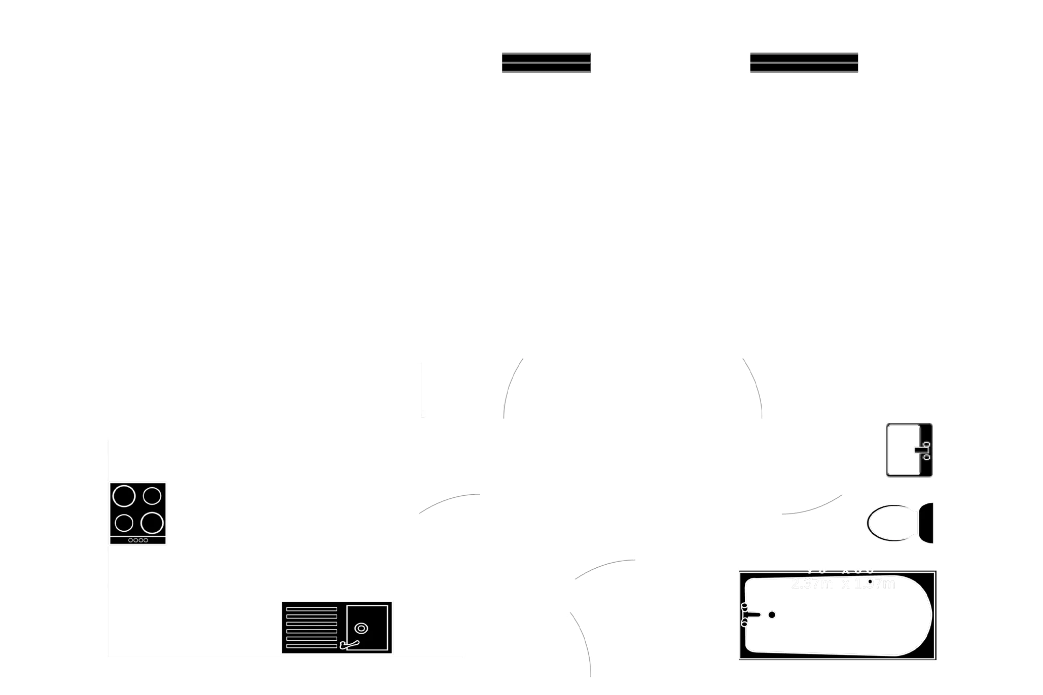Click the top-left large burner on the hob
pyautogui.click(x=124, y=496)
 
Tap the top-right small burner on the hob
pyautogui.click(x=152, y=495)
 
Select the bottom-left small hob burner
pyautogui.click(x=124, y=523)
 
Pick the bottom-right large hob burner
pyautogui.click(x=152, y=523)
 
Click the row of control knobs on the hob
pyautogui.click(x=138, y=540)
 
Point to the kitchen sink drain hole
pyautogui.click(x=361, y=629)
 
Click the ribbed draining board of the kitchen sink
pyautogui.click(x=311, y=627)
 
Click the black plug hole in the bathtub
pyautogui.click(x=772, y=615)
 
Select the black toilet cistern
pyautogui.click(x=927, y=523)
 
